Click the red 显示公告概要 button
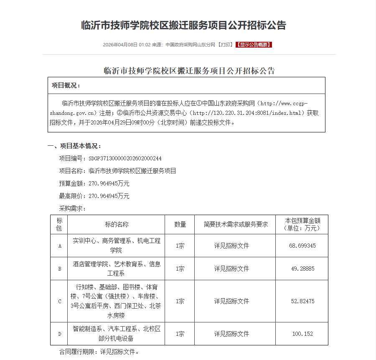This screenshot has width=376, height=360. click(254, 45)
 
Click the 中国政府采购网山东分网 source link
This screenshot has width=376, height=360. click(190, 45)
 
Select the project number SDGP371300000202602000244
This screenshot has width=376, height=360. click(125, 159)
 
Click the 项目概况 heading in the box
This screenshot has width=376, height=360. click(66, 86)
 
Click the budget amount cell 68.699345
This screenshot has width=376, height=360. click(302, 246)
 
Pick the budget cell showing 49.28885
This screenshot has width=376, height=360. click(302, 269)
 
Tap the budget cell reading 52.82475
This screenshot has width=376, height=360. click(302, 301)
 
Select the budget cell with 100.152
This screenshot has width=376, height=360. click(302, 334)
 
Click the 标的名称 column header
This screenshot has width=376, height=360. click(117, 224)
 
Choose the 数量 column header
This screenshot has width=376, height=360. click(180, 224)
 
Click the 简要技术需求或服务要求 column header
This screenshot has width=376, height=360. click(235, 224)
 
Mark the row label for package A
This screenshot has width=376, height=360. click(59, 246)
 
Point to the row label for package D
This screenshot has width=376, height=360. click(59, 334)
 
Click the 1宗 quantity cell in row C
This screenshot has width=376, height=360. click(180, 301)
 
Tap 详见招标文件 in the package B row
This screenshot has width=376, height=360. click(231, 269)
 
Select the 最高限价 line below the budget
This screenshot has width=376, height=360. click(94, 196)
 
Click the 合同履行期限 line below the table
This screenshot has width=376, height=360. click(99, 352)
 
